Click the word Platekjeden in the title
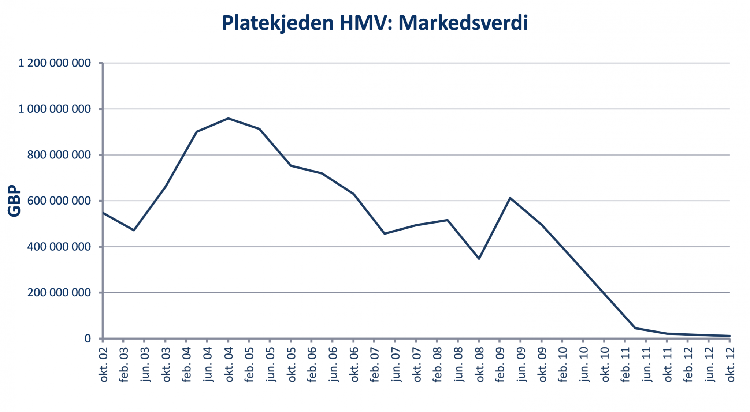278,23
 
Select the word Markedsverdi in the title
463,23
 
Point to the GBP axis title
15,201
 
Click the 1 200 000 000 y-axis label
55,63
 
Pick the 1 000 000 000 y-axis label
55,109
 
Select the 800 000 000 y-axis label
59,155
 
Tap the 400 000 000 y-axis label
59,247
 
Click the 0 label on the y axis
88,338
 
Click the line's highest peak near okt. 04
228,118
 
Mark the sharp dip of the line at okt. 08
479,259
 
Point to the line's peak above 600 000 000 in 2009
510,198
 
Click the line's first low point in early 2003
134,230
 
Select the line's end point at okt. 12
729,336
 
